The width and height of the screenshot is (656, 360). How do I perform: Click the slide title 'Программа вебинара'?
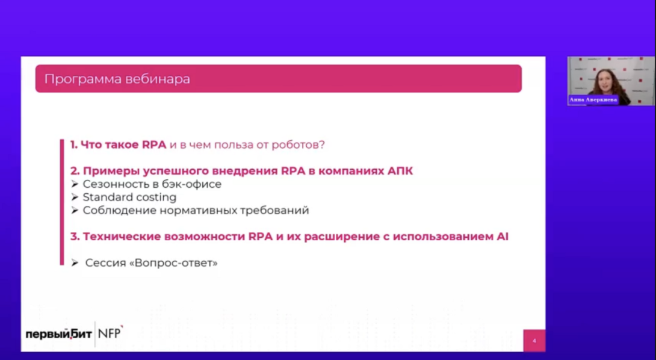point(117,79)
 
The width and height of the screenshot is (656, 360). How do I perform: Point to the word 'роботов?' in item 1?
point(299,145)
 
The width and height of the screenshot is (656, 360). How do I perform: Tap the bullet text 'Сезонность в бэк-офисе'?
point(152,184)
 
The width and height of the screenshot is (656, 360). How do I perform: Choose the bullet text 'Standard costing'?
point(129,197)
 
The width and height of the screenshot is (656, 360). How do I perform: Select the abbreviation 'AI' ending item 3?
point(503,237)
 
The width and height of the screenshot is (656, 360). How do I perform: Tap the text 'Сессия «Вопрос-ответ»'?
point(152,263)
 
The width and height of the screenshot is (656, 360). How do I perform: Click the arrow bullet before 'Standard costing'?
point(75,197)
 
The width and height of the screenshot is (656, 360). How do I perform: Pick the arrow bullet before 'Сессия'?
point(75,263)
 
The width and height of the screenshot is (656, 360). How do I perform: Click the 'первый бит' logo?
point(58,334)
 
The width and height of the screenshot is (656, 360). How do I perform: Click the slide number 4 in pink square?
point(534,341)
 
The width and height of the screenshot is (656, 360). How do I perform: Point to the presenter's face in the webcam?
point(605,80)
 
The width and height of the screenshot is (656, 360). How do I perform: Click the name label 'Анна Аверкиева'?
point(593,99)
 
